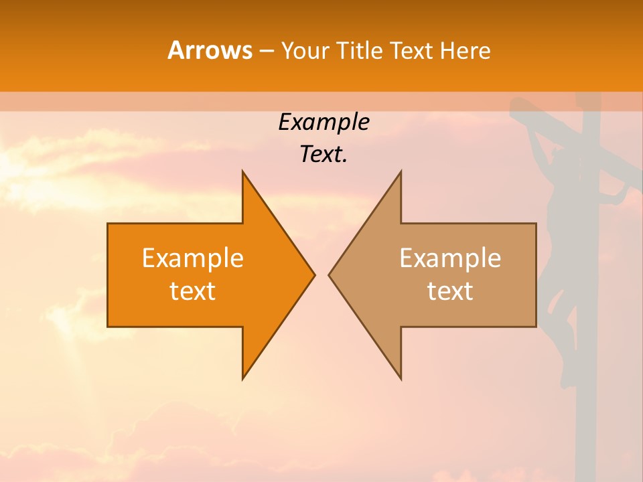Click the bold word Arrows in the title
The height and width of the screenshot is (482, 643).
[210, 50]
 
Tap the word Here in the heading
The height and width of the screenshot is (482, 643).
[465, 50]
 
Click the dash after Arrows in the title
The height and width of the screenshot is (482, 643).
[266, 51]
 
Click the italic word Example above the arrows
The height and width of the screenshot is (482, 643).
[324, 123]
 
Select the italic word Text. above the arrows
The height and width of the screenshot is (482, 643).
[324, 155]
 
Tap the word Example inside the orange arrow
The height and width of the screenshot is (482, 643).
[193, 258]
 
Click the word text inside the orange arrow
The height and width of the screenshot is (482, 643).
[193, 291]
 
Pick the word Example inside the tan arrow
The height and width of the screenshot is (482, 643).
[450, 258]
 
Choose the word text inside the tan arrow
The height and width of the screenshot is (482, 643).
[450, 291]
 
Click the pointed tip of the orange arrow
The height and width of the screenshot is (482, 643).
[313, 274]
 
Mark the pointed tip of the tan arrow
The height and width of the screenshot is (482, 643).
[330, 274]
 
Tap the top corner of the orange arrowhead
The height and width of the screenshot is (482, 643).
[243, 172]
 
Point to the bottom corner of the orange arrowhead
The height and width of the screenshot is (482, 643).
[243, 378]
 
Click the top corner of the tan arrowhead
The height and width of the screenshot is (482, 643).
[401, 172]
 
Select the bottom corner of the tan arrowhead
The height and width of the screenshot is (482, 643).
[401, 378]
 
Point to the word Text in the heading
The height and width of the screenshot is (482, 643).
[413, 50]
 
